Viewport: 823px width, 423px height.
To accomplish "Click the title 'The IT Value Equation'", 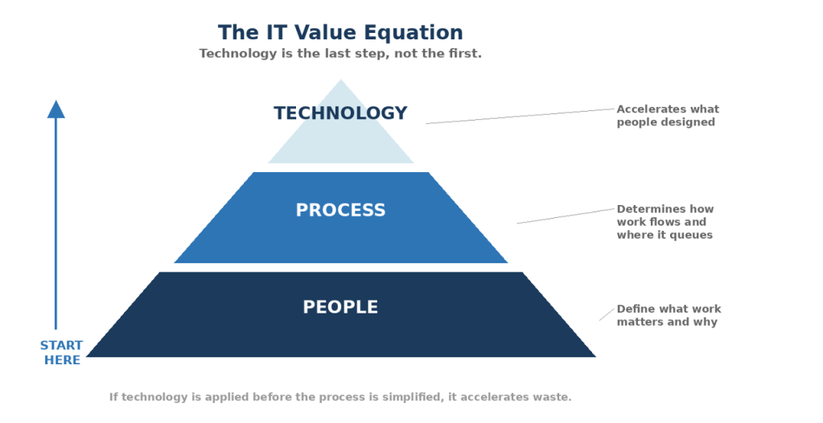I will [340, 33].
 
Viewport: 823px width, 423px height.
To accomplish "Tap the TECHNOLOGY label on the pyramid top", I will [340, 113].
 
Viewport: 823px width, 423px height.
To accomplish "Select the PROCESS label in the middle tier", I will [340, 211].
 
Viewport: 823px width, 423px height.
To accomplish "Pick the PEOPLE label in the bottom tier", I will [340, 307].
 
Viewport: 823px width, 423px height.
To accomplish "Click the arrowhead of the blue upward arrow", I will [56, 110].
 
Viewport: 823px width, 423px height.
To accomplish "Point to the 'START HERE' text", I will [62, 353].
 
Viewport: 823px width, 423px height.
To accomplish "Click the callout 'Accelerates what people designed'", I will [668, 116].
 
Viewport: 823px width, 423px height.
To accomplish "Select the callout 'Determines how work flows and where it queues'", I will [665, 222].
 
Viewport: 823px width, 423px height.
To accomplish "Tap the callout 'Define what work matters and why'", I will [669, 315].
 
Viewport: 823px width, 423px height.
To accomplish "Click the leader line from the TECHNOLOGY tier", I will [520, 117].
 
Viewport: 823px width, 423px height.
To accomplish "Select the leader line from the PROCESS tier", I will [566, 216].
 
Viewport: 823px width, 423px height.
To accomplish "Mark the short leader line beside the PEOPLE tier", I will [607, 314].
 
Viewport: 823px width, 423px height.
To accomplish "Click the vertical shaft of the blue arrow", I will [56, 225].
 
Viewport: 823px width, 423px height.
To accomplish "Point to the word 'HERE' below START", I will [62, 360].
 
